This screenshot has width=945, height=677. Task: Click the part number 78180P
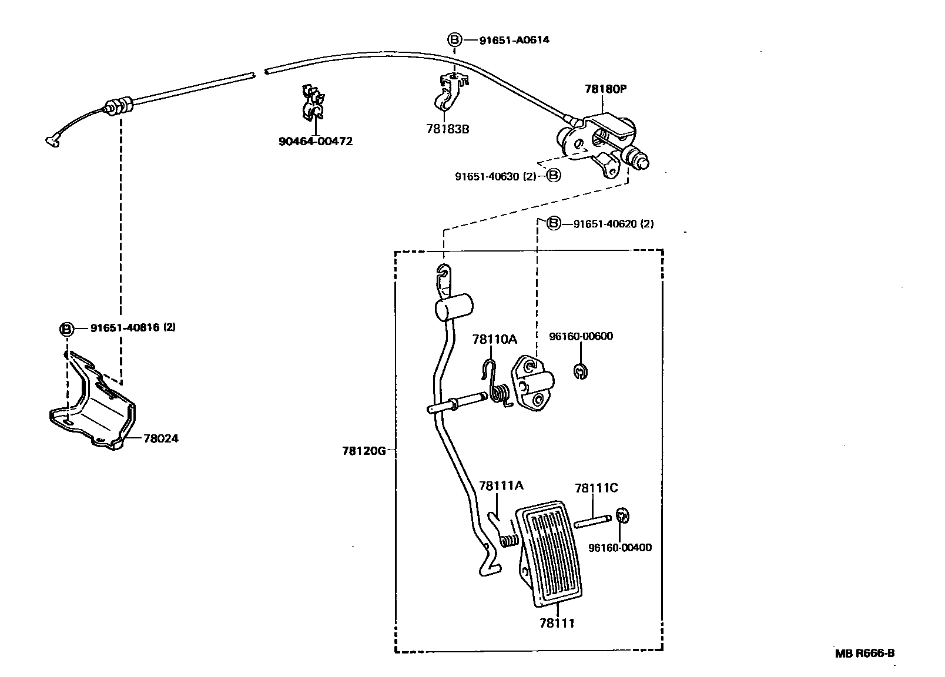click(606, 89)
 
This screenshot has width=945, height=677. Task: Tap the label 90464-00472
click(316, 141)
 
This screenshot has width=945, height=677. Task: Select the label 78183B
click(447, 129)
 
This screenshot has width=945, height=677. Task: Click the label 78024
click(160, 438)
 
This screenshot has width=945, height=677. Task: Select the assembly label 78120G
click(364, 451)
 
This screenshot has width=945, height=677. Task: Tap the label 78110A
click(495, 339)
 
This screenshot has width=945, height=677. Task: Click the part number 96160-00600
click(581, 336)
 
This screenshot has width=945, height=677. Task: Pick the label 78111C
click(596, 488)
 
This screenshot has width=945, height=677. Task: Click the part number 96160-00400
click(619, 548)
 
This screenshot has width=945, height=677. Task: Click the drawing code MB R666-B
click(865, 653)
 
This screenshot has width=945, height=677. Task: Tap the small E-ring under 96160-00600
click(581, 371)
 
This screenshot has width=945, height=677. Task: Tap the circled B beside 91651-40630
click(554, 175)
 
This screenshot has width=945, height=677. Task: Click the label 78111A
click(501, 485)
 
